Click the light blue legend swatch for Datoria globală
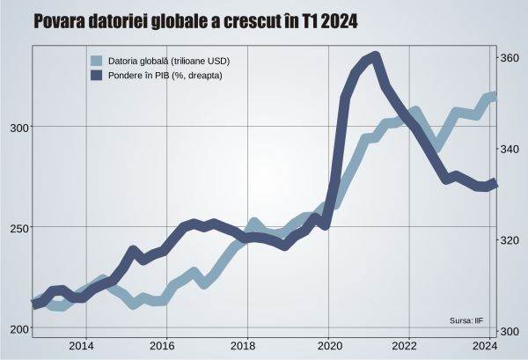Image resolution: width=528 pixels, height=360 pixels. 98,62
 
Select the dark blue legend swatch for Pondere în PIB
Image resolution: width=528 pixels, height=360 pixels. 98,77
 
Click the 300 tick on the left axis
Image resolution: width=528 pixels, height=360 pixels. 16,127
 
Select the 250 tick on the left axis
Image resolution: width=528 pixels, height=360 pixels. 16,227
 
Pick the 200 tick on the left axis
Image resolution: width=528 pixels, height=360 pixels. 16,328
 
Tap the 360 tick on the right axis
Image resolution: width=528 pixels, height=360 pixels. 511,58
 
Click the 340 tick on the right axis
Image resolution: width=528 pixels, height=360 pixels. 511,149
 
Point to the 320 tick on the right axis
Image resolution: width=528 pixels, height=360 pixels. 511,240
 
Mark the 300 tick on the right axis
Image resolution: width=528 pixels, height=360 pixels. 511,331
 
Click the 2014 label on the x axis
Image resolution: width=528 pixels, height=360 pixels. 81,345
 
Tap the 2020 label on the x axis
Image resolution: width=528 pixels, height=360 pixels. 328,345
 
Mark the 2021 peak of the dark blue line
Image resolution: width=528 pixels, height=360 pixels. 375,57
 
